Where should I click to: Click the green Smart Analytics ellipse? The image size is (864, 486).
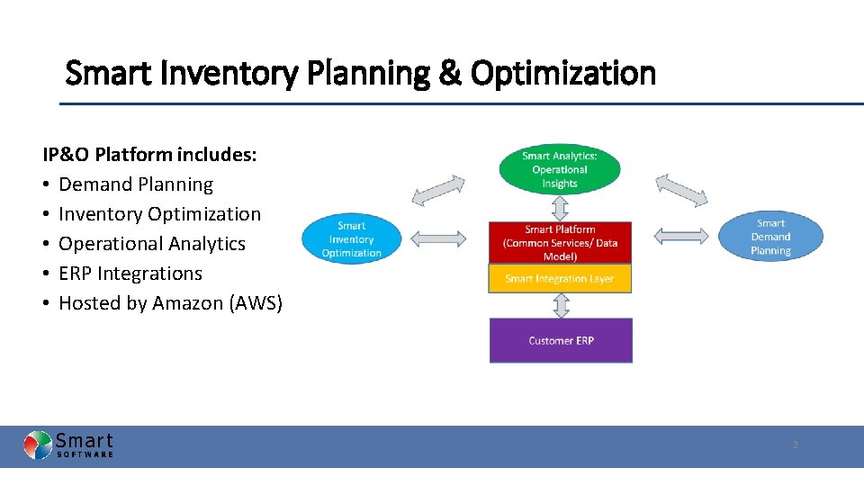click(x=559, y=169)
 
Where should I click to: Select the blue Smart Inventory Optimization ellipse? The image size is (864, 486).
click(x=351, y=239)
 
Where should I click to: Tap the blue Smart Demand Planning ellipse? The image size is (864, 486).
click(x=770, y=237)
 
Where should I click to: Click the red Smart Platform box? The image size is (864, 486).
click(x=560, y=243)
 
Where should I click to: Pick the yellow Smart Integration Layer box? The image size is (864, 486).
click(x=560, y=279)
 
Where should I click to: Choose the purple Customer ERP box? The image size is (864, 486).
click(x=561, y=340)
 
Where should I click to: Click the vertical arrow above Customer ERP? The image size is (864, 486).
click(x=561, y=305)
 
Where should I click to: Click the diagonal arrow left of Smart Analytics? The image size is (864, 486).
click(x=438, y=190)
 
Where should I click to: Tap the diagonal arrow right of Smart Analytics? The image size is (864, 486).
click(x=681, y=190)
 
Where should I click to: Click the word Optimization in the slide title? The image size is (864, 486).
click(x=562, y=73)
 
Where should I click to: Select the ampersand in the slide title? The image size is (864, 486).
click(x=448, y=73)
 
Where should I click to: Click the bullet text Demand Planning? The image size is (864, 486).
click(x=136, y=184)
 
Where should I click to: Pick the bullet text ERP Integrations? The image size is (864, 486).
click(x=130, y=274)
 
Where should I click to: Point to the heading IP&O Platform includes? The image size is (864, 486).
click(x=150, y=155)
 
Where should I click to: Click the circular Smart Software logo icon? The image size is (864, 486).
click(x=38, y=445)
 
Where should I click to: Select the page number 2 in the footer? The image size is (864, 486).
click(x=795, y=445)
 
